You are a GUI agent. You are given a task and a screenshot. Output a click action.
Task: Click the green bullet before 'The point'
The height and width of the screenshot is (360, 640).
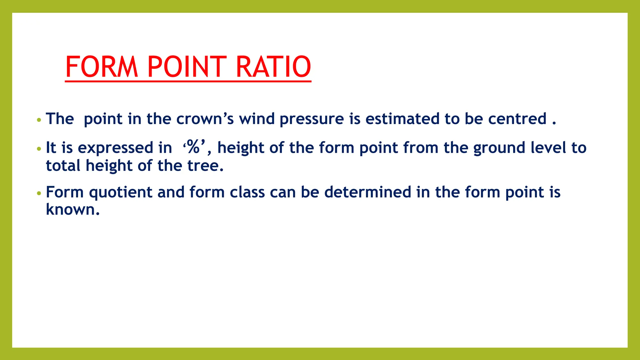pyautogui.click(x=39, y=120)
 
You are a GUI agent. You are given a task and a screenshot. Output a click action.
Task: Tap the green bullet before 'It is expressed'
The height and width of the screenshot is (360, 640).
pyautogui.click(x=39, y=149)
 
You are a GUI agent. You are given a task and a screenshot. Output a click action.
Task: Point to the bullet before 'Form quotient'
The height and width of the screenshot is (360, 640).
pyautogui.click(x=39, y=193)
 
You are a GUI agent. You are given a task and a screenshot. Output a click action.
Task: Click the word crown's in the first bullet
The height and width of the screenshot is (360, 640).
pyautogui.click(x=205, y=119)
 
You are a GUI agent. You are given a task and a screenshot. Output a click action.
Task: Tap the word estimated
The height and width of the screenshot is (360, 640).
pyautogui.click(x=402, y=119)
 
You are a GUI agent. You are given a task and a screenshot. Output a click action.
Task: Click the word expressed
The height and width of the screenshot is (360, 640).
pyautogui.click(x=115, y=148)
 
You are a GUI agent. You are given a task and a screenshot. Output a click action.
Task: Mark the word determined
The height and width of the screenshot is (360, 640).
pyautogui.click(x=367, y=192)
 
